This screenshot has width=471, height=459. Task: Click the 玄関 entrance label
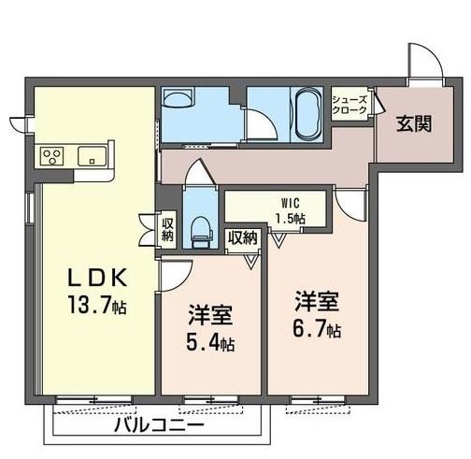(x=412, y=122)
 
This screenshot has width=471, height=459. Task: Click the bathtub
(x=306, y=111)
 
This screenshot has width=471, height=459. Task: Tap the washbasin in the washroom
(x=177, y=101)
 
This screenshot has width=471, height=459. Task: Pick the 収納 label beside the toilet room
(x=167, y=229)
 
